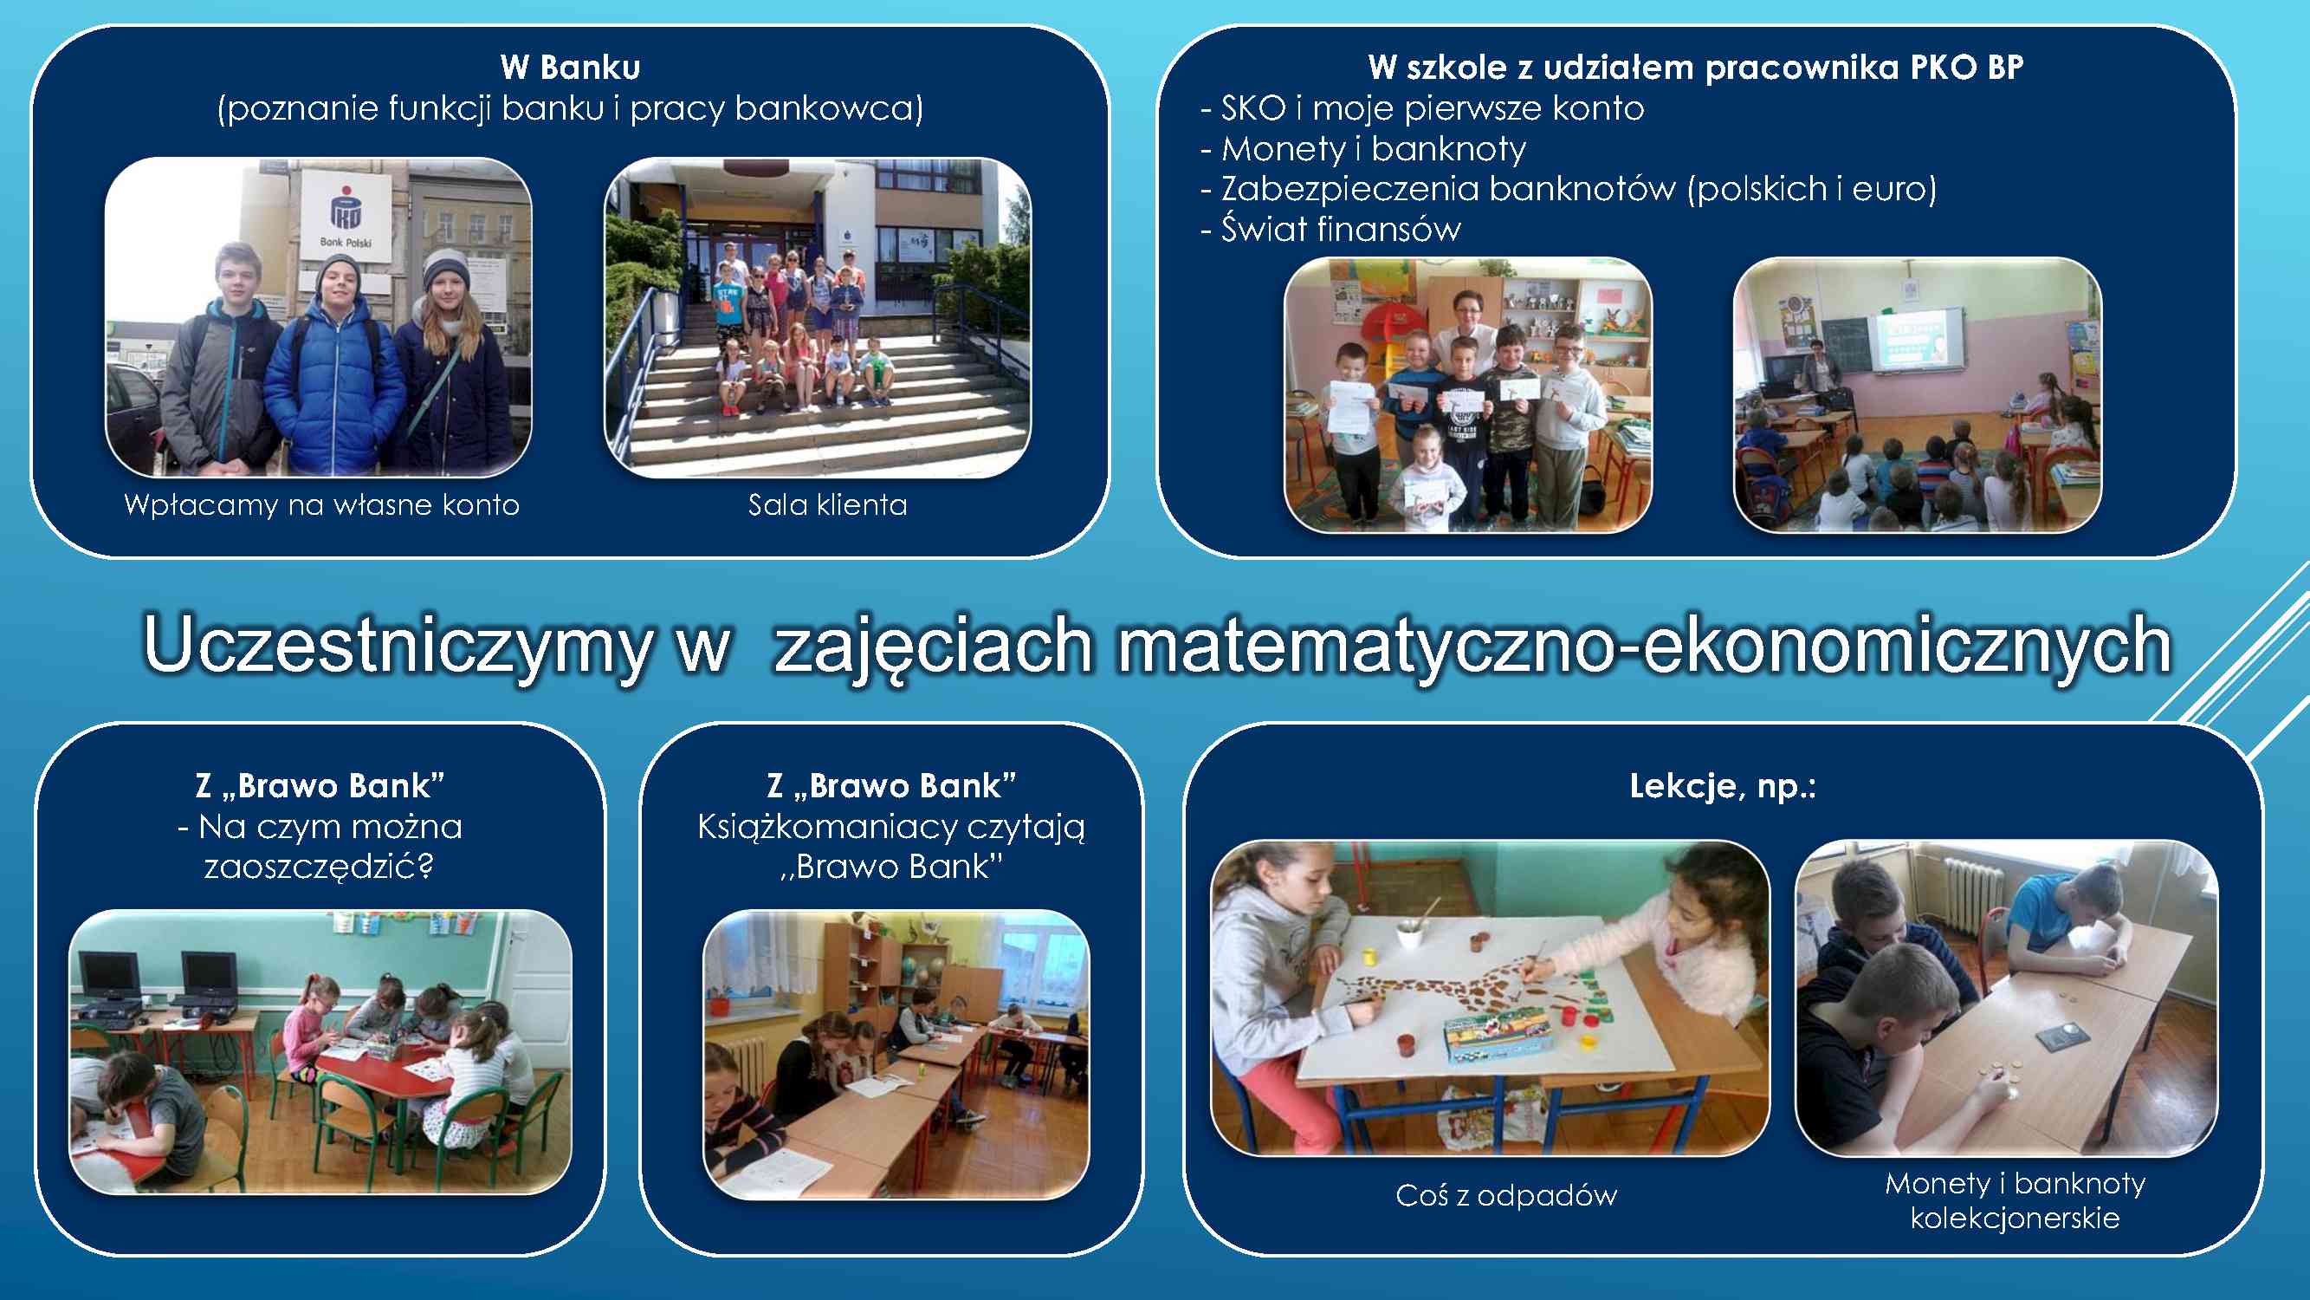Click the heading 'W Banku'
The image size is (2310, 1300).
point(570,68)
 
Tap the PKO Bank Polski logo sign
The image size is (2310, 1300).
point(346,216)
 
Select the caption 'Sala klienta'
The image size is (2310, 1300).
point(828,505)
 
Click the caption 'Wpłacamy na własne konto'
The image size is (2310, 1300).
point(322,505)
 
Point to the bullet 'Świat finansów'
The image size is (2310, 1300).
point(1330,230)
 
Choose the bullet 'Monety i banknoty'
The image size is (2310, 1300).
point(1363,149)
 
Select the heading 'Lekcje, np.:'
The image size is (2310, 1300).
point(1723,787)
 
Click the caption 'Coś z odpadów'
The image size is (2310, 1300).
point(1506,1196)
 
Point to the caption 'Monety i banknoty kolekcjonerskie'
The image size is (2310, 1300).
point(2015,1200)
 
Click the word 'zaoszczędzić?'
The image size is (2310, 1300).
point(320,868)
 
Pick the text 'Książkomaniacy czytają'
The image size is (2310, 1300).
point(891,827)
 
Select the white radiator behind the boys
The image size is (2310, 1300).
point(1972,894)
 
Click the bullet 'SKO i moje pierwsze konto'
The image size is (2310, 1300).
point(1422,108)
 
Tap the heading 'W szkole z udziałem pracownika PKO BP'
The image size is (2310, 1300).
point(1696,68)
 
